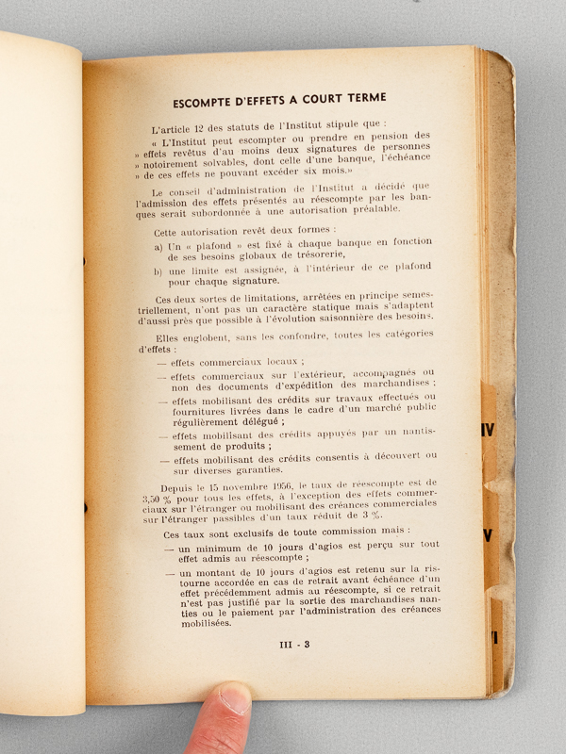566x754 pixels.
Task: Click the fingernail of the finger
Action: [234, 698]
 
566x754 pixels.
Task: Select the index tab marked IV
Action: [487, 430]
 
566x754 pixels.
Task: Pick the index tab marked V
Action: [487, 535]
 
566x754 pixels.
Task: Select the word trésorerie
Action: [311, 255]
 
